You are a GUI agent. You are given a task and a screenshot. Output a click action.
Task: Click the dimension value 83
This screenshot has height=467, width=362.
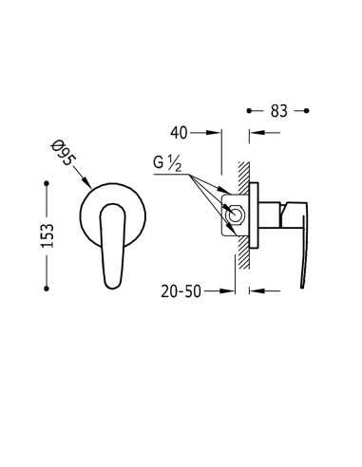278,111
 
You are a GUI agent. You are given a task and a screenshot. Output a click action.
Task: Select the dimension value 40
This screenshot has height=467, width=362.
179,133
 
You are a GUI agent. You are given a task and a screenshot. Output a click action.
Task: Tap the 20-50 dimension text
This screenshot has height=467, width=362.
181,291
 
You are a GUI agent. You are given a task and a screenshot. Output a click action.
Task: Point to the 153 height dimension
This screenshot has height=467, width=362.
48,235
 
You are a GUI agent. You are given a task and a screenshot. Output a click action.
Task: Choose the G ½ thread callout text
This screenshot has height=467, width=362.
167,164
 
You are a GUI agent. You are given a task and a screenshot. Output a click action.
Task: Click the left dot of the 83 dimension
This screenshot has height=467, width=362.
249,111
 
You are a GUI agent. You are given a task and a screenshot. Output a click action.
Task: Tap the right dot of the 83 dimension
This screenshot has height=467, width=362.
306,111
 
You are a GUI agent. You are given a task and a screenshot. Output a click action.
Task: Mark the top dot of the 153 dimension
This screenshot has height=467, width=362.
47,183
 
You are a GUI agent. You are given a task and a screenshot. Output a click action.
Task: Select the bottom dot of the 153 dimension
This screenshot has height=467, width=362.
47,289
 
